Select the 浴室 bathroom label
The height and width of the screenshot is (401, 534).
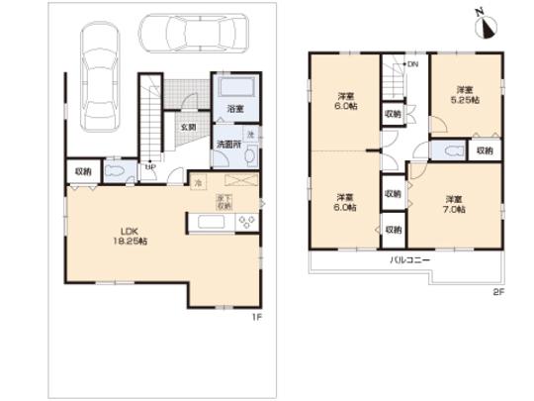click(x=235, y=107)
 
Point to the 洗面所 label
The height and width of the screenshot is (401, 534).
click(x=228, y=145)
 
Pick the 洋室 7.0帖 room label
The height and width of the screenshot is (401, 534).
click(x=452, y=203)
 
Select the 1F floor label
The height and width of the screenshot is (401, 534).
click(x=255, y=317)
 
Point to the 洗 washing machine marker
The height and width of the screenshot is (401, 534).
click(x=251, y=134)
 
